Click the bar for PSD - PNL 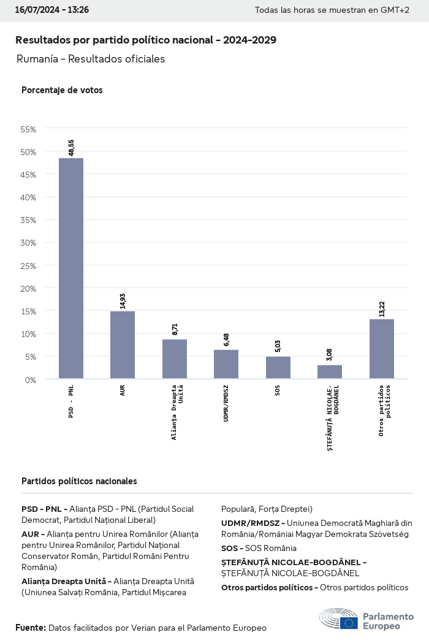pyautogui.click(x=71, y=268)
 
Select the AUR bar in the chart pyautogui.click(x=123, y=345)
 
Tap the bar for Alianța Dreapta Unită pyautogui.click(x=175, y=359)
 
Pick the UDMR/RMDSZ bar pyautogui.click(x=226, y=364)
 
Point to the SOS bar pyautogui.click(x=278, y=368)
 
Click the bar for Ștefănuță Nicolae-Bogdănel pyautogui.click(x=330, y=372)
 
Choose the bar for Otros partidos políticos pyautogui.click(x=382, y=349)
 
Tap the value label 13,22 pyautogui.click(x=382, y=309)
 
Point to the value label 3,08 pyautogui.click(x=330, y=355)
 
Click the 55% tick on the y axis pyautogui.click(x=29, y=129)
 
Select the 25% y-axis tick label pyautogui.click(x=29, y=265)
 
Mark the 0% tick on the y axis pyautogui.click(x=31, y=379)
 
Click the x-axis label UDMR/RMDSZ pyautogui.click(x=226, y=405)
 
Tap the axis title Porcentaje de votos pyautogui.click(x=62, y=90)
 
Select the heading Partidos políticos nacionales pyautogui.click(x=79, y=481)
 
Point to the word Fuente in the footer pyautogui.click(x=30, y=628)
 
